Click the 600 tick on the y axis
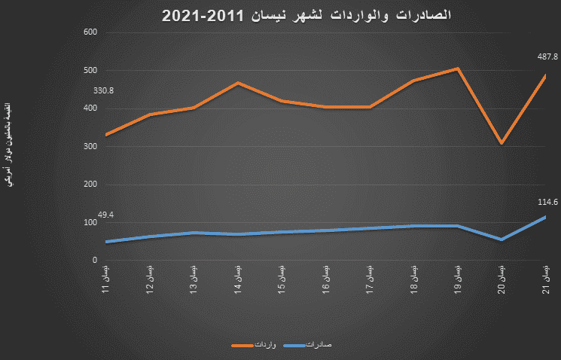(x=91, y=32)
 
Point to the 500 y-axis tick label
(x=91, y=71)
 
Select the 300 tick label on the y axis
(x=91, y=147)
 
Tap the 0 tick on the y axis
(x=96, y=261)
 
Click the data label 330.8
(x=104, y=91)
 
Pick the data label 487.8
(x=547, y=55)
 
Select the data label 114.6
(x=547, y=202)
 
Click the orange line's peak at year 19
(x=457, y=69)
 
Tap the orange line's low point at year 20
(x=502, y=143)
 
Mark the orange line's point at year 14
(x=238, y=83)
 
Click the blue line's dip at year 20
(x=502, y=239)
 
